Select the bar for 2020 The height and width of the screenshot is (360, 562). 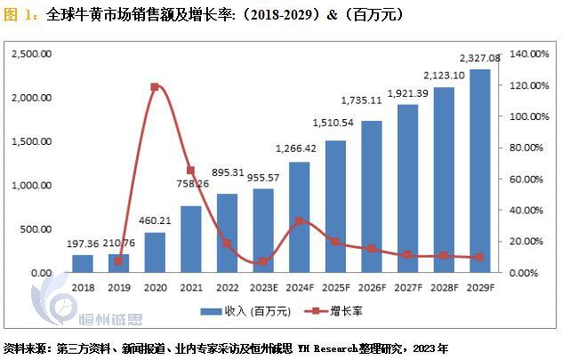154,252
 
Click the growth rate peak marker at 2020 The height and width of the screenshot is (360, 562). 154,87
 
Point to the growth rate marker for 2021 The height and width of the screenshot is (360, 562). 190,170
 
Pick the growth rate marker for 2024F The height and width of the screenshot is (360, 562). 299,220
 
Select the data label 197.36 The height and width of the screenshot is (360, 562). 82,243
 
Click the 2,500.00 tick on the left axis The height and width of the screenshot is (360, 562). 31,54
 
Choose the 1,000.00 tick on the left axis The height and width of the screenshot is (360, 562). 31,186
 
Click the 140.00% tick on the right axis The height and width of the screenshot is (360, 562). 527,54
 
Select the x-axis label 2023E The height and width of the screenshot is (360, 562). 262,287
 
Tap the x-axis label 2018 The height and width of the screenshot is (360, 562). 82,287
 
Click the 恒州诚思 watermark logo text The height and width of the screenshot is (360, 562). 108,320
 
